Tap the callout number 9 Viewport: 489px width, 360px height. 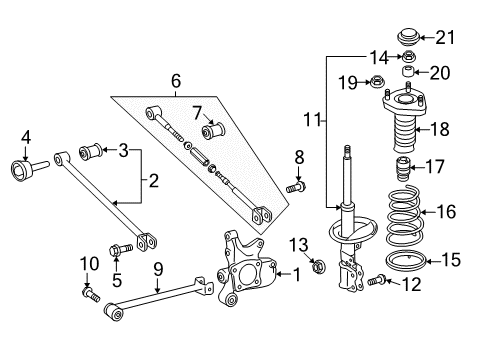tap(157, 267)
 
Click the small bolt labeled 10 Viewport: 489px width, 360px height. tap(91, 294)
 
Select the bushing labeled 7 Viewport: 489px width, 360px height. tap(213, 132)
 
